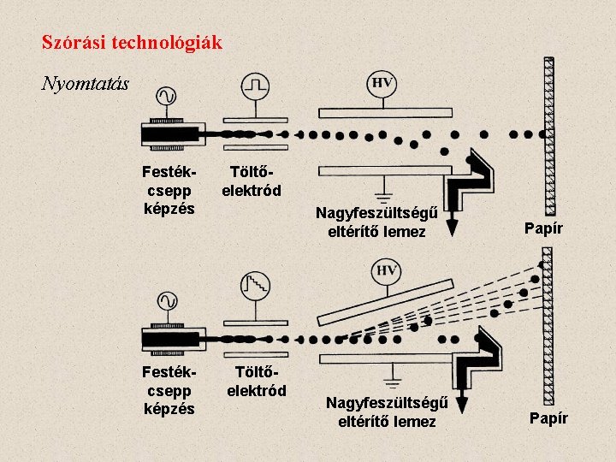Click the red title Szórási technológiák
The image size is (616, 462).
[132, 42]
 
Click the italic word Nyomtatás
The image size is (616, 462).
[86, 83]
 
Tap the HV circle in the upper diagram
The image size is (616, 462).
[382, 82]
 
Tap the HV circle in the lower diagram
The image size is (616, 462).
[387, 271]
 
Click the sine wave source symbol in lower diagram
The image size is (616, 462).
[165, 300]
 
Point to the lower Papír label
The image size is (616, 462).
[548, 418]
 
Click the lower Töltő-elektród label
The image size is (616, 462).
[257, 382]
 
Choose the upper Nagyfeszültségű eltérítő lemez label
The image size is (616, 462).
[376, 222]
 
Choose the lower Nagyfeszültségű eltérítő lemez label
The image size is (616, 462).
[387, 412]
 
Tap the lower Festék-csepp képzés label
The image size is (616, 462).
[170, 390]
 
